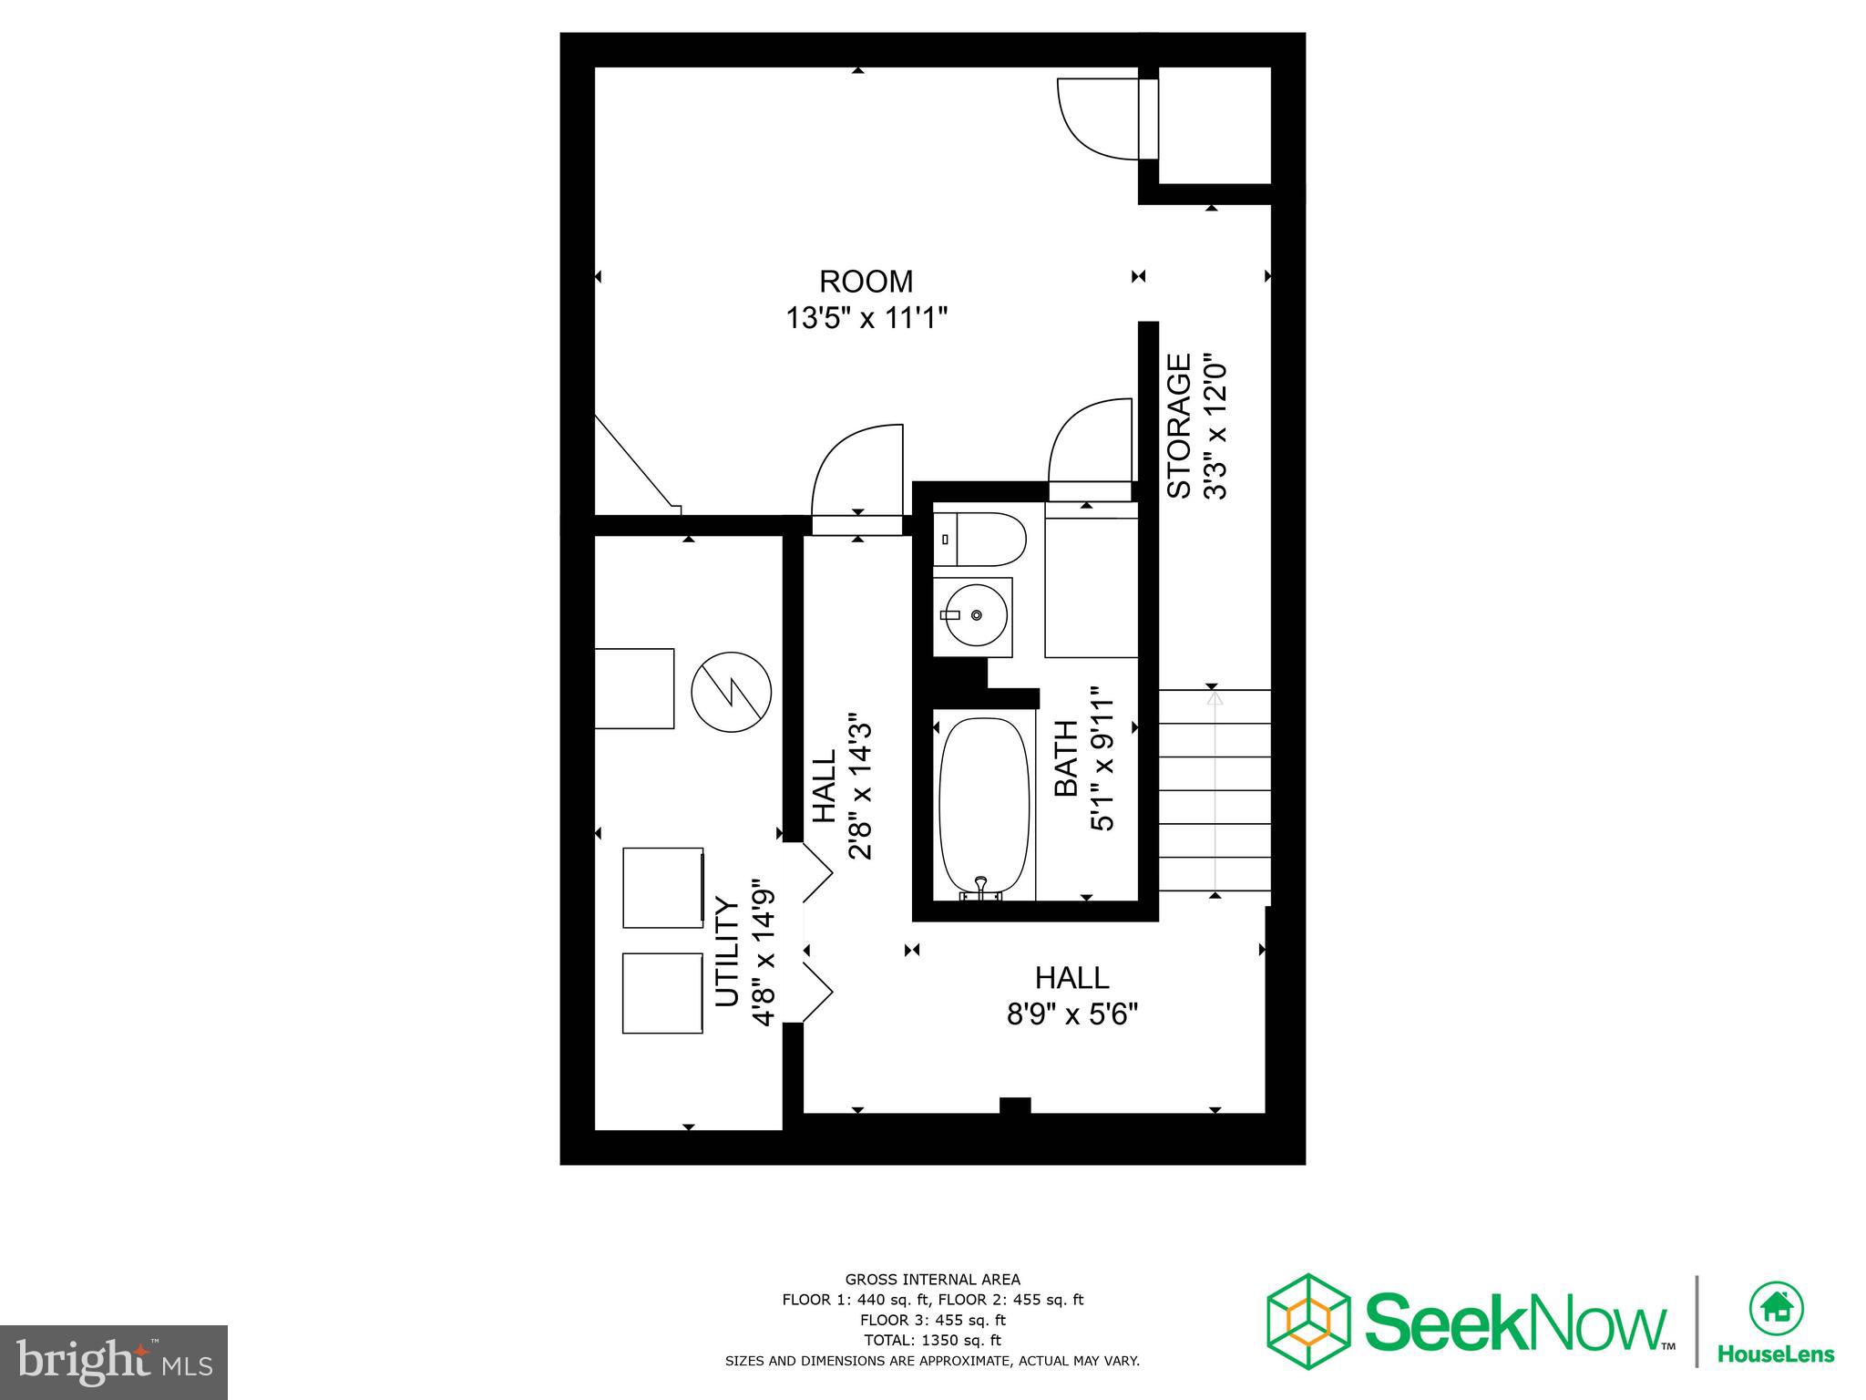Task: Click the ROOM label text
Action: pos(866,281)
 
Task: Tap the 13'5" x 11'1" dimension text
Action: pos(866,319)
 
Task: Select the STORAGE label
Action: pos(1180,426)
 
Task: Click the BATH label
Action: pos(1066,757)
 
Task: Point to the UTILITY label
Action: pos(726,952)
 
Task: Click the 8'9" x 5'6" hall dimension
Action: pos(1072,1014)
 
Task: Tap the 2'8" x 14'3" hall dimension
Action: pos(860,786)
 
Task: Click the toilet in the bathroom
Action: pos(979,540)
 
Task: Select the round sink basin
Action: pos(976,615)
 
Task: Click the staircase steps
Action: pos(1214,790)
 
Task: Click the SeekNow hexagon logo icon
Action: pos(1308,1322)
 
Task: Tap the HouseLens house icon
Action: pos(1776,1308)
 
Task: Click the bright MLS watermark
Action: pos(114,1363)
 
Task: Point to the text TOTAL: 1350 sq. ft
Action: pos(932,1340)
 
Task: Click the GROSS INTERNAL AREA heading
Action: pos(932,1279)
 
